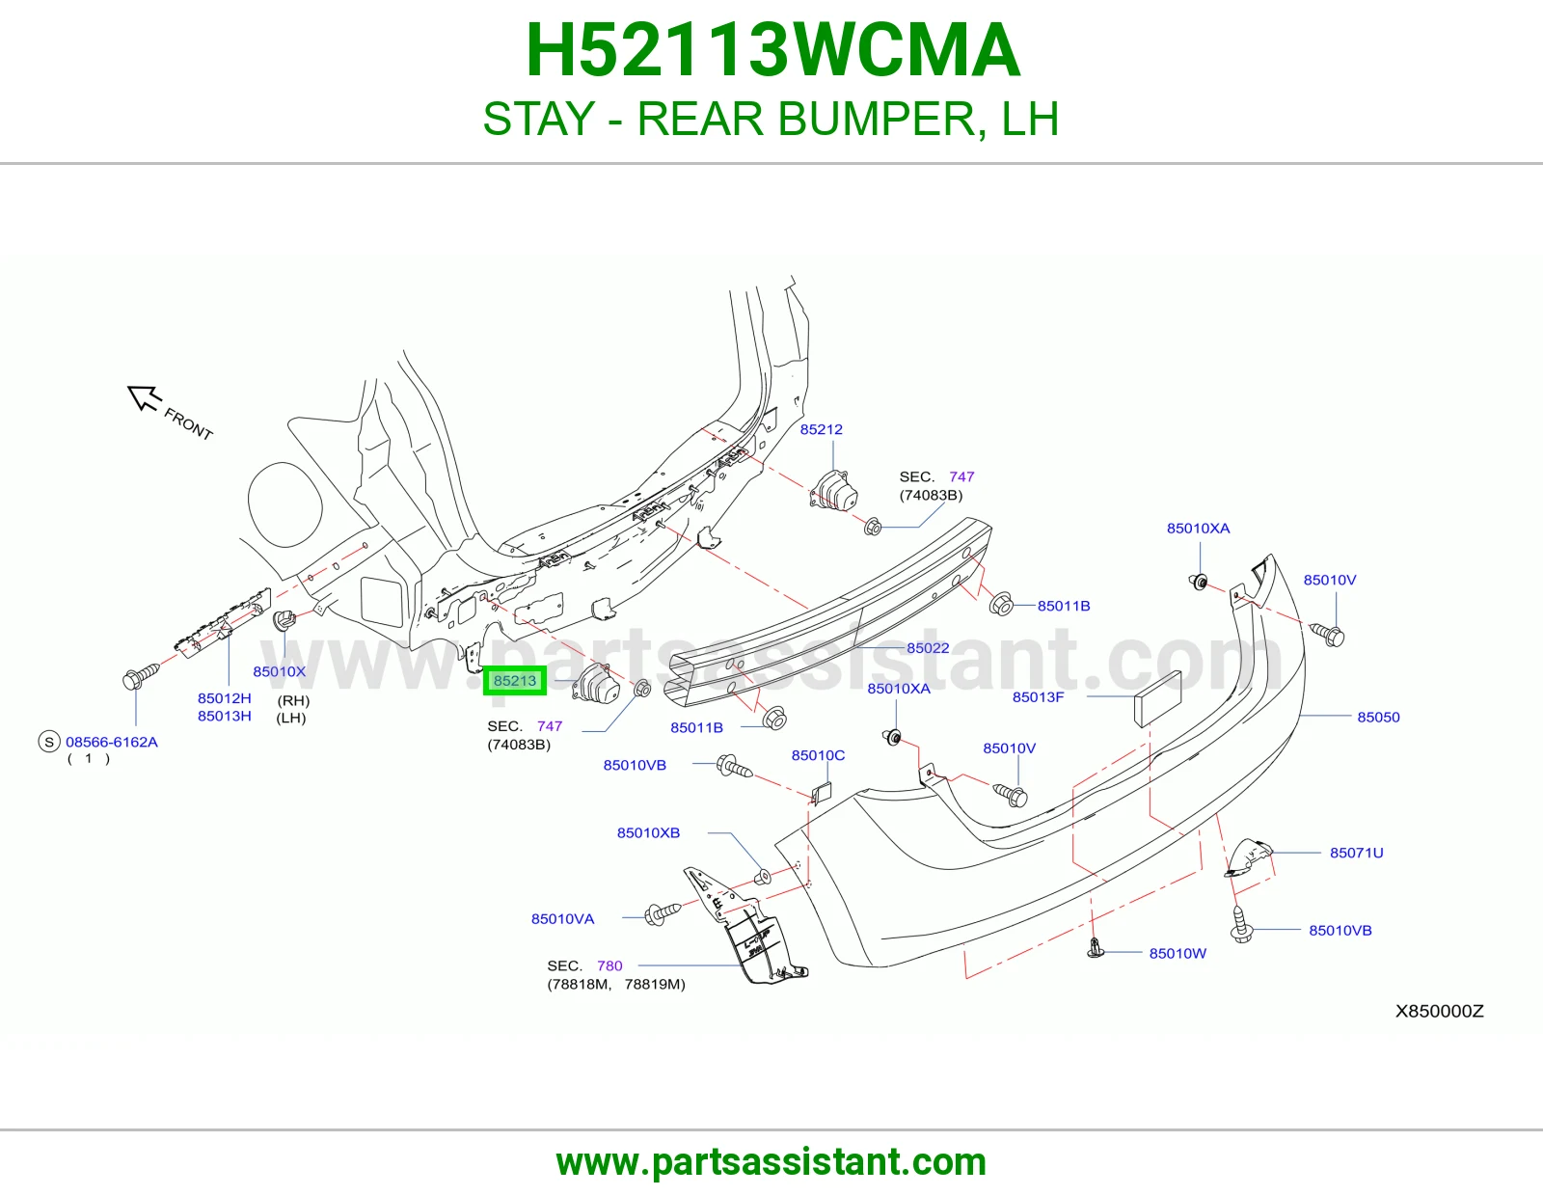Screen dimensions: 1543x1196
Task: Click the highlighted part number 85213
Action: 515,681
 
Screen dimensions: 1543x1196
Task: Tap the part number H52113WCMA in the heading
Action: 772,50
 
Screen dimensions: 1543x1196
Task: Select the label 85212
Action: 821,429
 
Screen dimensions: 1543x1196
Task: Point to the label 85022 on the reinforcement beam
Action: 928,648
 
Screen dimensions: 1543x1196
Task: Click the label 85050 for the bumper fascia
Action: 1378,717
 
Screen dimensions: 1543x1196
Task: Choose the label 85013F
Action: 1038,696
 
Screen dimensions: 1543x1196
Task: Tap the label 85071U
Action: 1356,853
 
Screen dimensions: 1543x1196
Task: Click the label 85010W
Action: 1178,953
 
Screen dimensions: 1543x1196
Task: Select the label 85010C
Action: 818,755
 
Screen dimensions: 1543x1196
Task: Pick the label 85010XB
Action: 648,832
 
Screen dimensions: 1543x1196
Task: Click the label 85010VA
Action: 562,918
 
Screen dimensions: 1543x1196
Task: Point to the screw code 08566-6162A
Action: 112,742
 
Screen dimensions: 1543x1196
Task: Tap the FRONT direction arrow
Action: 145,397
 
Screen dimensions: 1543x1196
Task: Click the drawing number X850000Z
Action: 1439,1011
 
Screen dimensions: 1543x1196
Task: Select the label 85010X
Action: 279,671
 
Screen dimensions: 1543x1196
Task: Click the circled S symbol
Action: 49,742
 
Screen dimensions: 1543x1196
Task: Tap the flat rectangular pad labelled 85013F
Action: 1157,699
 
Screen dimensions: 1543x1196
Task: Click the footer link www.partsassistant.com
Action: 771,1162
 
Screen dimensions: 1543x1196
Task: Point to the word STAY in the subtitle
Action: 539,119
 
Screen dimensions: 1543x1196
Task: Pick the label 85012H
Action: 225,698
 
